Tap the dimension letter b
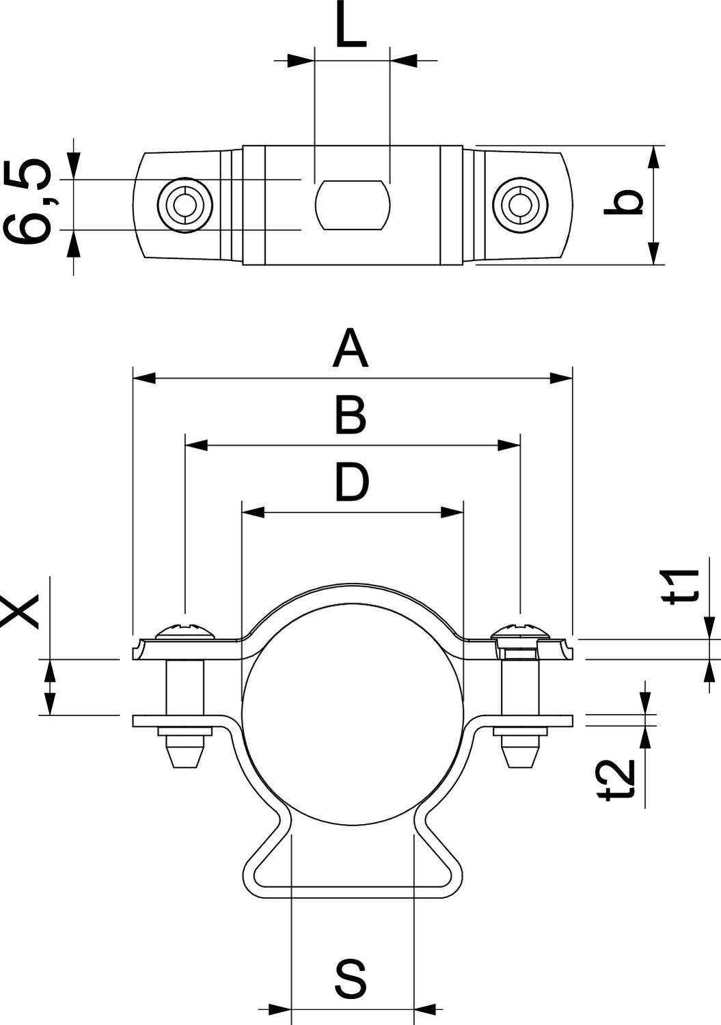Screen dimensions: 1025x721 624,203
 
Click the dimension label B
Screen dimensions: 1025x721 351,414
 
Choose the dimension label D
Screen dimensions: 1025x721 351,481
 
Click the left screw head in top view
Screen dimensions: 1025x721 185,204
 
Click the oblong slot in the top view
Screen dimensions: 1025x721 352,204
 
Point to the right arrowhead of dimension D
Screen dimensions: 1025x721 452,512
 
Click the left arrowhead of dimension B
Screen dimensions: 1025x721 197,445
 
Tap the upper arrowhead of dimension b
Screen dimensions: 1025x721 654,157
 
